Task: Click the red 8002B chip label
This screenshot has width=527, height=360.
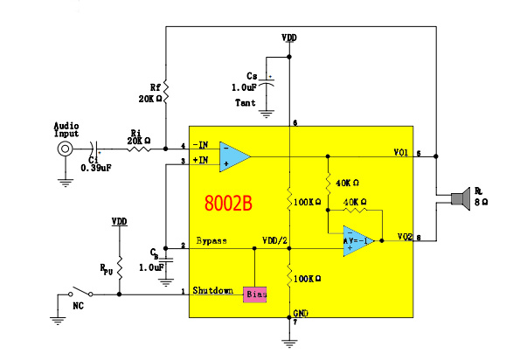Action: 228,204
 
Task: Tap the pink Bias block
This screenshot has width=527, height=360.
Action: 255,294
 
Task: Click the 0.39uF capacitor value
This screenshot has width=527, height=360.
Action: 95,166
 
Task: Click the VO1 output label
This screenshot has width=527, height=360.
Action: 401,152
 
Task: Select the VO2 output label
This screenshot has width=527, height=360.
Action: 404,236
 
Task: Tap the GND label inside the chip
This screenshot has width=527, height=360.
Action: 301,312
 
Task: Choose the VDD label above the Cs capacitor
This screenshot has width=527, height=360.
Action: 289,38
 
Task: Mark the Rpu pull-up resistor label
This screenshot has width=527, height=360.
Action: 107,270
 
